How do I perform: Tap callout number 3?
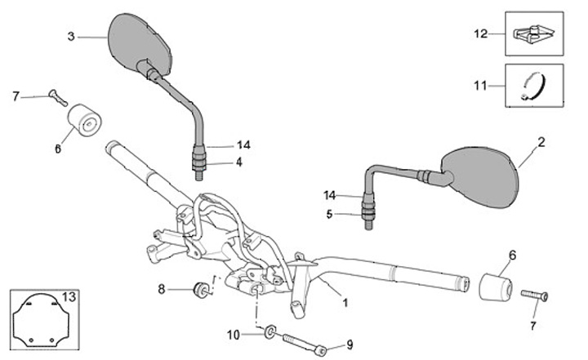point(72,36)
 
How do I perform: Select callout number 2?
point(540,141)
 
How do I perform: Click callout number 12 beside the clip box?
point(480,33)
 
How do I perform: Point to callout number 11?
point(480,84)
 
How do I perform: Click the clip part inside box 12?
point(534,34)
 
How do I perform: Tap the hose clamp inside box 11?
point(535,83)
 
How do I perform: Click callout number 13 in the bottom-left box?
point(69,296)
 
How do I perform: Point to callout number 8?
point(162,288)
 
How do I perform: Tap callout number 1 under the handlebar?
point(345,303)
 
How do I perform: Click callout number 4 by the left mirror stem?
point(238,162)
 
